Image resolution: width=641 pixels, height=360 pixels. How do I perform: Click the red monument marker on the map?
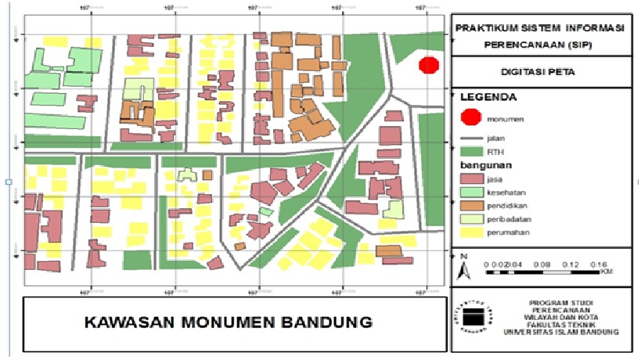point(428,65)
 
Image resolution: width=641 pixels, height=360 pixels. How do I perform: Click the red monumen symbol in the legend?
point(470,118)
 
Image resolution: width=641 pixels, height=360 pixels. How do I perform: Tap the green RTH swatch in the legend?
point(470,150)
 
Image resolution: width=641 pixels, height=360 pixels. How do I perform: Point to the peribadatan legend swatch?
point(470,219)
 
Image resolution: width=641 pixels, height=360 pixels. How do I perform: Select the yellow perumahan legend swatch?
point(470,232)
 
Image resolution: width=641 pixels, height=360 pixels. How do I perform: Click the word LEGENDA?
point(488,98)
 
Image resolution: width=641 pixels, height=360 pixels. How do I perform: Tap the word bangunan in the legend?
point(486,165)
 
